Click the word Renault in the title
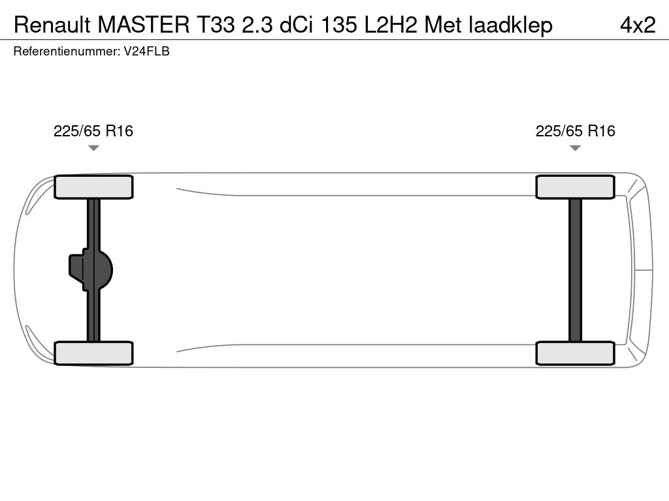(x=52, y=25)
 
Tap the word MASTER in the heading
(x=142, y=25)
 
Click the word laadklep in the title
(x=511, y=25)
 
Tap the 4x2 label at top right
(x=637, y=25)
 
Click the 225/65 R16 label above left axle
(x=93, y=131)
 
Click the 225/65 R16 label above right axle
(x=575, y=131)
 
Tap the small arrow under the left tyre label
(x=93, y=148)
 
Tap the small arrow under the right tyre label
(x=575, y=148)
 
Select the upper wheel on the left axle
(x=93, y=187)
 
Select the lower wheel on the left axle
(x=93, y=353)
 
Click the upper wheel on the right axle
(x=575, y=187)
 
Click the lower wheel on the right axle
(x=575, y=353)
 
